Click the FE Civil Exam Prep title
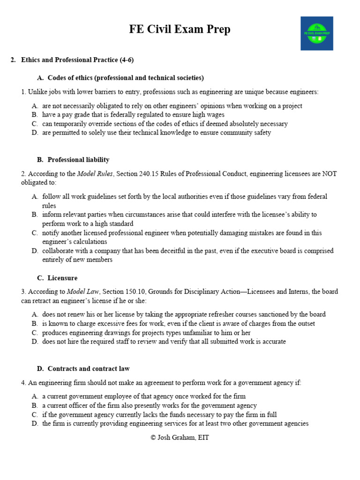180,30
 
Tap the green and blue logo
317,33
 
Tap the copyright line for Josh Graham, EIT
180,438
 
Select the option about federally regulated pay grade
133,115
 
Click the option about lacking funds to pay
159,414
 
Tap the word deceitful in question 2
165,251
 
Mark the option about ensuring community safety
156,133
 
